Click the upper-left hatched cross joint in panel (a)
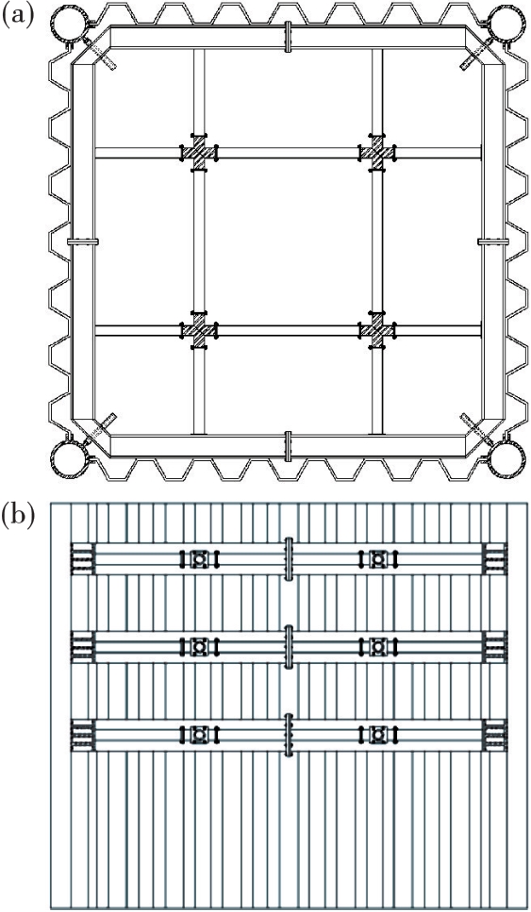click(199, 153)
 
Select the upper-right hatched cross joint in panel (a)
click(377, 153)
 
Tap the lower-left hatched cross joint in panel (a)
click(199, 330)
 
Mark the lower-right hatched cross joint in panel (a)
click(377, 330)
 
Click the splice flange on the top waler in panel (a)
click(288, 37)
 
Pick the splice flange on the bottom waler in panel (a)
click(288, 446)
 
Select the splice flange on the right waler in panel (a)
click(493, 240)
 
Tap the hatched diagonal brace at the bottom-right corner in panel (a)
click(477, 430)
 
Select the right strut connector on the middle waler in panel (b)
click(378, 646)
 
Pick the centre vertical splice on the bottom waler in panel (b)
click(288, 735)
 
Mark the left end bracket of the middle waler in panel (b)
click(82, 646)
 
